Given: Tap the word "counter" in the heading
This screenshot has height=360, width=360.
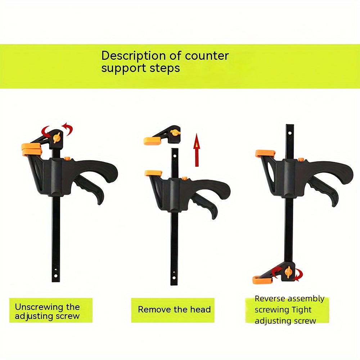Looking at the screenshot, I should pyautogui.click(x=207, y=56).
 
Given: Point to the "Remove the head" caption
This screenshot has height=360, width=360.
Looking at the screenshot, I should pyautogui.click(x=174, y=310).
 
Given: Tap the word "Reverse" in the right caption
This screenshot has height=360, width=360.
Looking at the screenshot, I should pyautogui.click(x=270, y=299).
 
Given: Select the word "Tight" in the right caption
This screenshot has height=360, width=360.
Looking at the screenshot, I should pyautogui.click(x=302, y=310).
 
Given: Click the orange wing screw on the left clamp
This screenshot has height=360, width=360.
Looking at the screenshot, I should pyautogui.click(x=57, y=138).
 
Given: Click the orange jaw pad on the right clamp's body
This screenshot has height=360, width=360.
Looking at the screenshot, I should pyautogui.click(x=265, y=153).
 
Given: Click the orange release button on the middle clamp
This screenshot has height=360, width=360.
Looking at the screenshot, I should pyautogui.click(x=185, y=178).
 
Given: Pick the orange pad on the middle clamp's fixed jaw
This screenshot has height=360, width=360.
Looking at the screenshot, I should pyautogui.click(x=153, y=173).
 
